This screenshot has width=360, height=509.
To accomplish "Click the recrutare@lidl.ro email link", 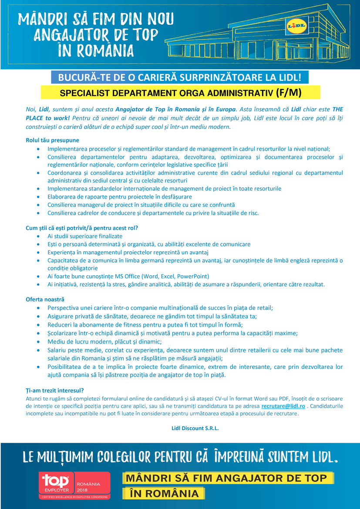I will click(x=283, y=406).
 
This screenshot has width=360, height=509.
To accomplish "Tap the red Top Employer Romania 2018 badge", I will click(x=75, y=485).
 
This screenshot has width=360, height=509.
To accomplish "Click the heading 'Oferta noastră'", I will click(x=45, y=300).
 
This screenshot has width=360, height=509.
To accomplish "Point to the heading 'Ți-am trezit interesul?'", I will click(x=55, y=390).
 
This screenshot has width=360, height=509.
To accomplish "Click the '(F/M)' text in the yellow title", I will click(x=289, y=92).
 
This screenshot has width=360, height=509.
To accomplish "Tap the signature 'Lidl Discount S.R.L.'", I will click(x=195, y=428).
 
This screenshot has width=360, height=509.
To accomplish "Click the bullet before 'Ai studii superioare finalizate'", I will click(x=39, y=236).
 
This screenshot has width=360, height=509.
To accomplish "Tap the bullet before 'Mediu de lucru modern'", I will click(x=39, y=342).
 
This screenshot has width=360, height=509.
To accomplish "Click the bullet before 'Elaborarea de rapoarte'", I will click(x=39, y=196).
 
